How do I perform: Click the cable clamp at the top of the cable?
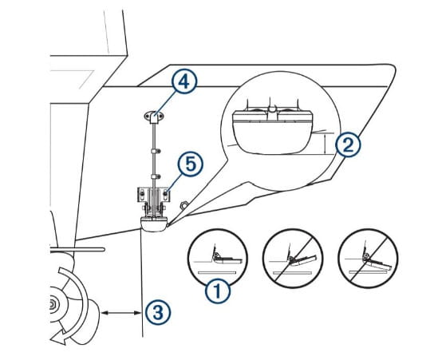point(152,117)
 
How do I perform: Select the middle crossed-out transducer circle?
point(292,257)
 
